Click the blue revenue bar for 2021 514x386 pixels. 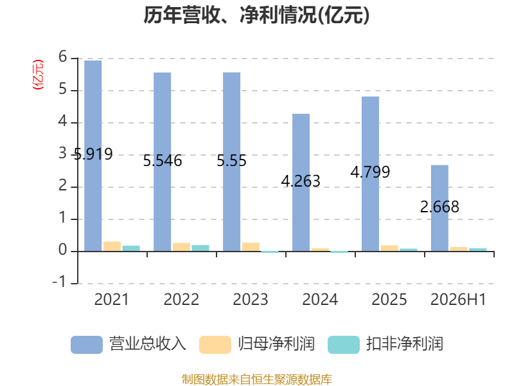click(93, 156)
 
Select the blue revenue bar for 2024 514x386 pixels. click(301, 183)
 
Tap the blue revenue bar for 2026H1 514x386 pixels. click(439, 208)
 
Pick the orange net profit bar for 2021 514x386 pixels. click(112, 246)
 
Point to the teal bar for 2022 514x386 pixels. click(200, 248)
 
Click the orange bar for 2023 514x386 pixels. click(251, 247)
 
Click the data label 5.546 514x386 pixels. click(163, 161)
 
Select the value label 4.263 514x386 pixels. click(301, 181)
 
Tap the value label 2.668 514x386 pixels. click(439, 207)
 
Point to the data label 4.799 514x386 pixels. click(370, 172)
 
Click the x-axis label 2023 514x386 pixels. click(251, 299)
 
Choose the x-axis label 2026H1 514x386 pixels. click(458, 299)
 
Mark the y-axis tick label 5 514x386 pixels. click(62, 89)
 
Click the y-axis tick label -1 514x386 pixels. click(59, 282)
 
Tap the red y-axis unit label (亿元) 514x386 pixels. click(38, 75)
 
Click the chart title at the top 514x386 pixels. click(256, 15)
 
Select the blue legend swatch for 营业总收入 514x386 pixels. click(87, 345)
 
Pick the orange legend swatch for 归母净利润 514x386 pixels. click(215, 345)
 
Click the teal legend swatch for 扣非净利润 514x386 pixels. click(344, 345)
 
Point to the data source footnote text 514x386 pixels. click(256, 380)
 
